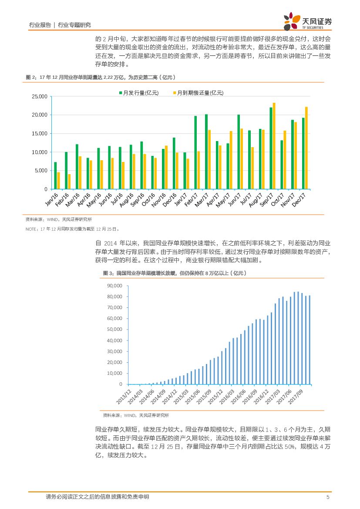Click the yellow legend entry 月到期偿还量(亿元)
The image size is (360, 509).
coord(198,93)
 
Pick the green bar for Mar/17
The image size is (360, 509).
coord(206,152)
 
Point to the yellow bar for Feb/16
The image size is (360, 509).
coord(69,182)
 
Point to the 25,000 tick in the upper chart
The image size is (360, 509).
coord(39,96)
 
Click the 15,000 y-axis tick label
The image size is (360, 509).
coord(39,134)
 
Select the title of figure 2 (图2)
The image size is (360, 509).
coord(101,77)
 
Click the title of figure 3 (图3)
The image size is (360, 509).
coord(174,273)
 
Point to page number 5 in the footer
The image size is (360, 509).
coord(327,497)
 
